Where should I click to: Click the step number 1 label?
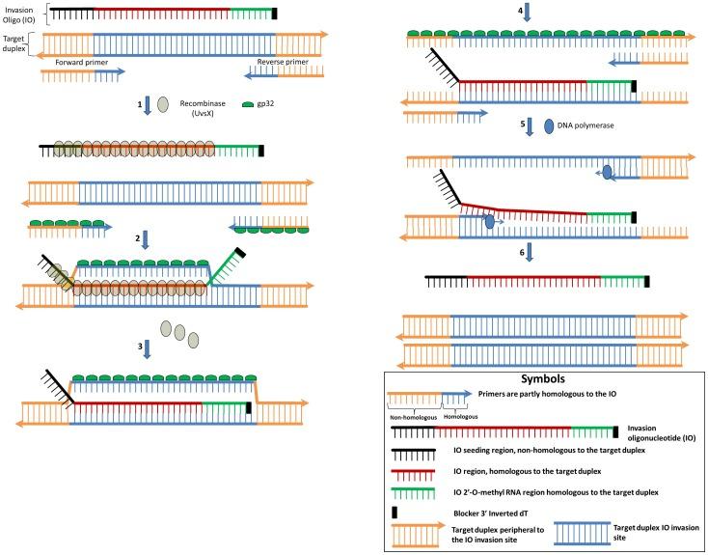point(140,104)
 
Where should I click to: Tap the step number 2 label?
point(138,238)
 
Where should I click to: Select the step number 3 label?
point(140,347)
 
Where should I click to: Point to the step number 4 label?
point(520,10)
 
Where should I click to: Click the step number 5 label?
point(523,124)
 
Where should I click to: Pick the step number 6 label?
point(522,253)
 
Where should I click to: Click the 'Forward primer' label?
point(82,63)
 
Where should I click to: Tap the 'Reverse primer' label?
point(283,62)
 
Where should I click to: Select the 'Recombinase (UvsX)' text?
point(204,108)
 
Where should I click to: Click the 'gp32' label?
point(265,103)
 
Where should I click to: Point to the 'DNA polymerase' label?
point(585,125)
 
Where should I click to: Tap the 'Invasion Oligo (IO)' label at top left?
point(19,14)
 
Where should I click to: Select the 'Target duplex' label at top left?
point(14,43)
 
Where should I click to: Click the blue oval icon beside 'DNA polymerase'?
point(549,126)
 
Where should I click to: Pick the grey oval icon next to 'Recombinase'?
point(163,104)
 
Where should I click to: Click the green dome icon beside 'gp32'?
point(248,104)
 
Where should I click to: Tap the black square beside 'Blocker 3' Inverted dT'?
point(395,513)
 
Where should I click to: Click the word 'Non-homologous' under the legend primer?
point(414,418)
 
